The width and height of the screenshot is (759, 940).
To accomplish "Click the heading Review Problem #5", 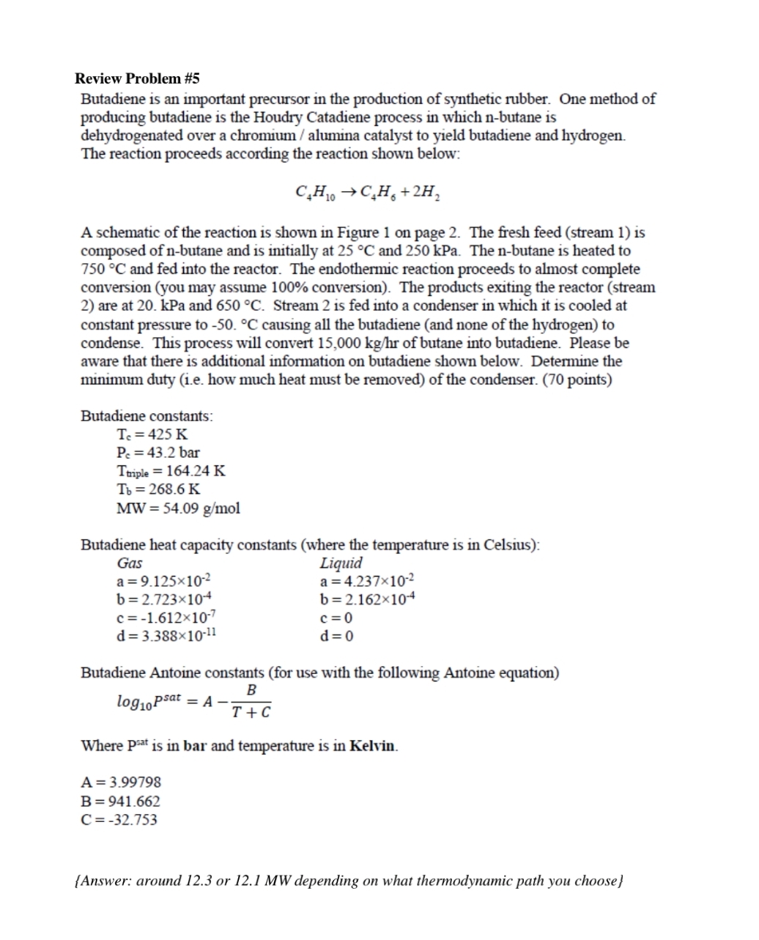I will (137, 78).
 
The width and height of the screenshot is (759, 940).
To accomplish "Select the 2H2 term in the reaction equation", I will (424, 193).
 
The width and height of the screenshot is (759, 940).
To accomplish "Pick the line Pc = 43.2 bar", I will (158, 452).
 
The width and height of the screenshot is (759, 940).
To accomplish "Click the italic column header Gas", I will (130, 563).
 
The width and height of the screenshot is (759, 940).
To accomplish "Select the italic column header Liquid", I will (341, 563).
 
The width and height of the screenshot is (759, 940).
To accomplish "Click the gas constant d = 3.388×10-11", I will (166, 635).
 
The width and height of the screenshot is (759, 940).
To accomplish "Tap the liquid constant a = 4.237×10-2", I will (367, 582).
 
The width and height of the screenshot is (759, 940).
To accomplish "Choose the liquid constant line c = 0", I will (336, 618).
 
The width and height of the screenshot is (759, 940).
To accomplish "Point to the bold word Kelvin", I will (374, 746).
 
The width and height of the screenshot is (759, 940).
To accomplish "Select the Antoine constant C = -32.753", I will (119, 820).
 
